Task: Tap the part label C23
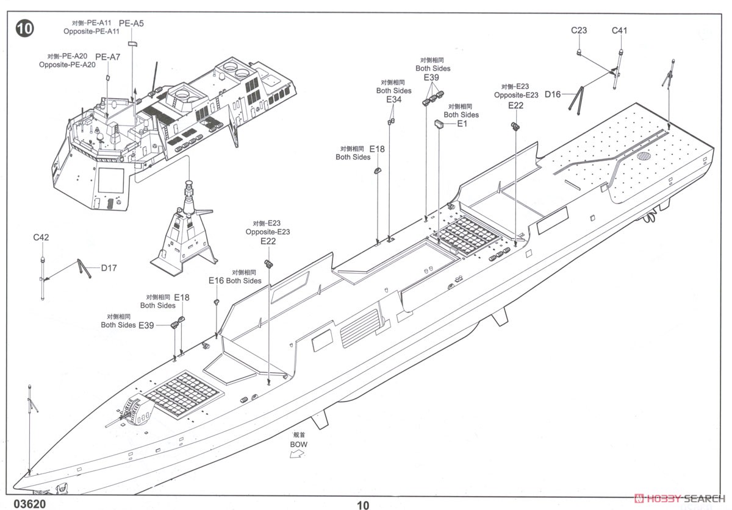pos(579,30)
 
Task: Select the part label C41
pos(620,30)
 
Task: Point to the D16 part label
pos(553,94)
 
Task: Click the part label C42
pos(41,238)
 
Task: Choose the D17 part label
pos(109,267)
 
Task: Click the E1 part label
pos(462,124)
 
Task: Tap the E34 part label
pos(393,99)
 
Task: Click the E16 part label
pos(216,280)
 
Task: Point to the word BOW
pos(299,444)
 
